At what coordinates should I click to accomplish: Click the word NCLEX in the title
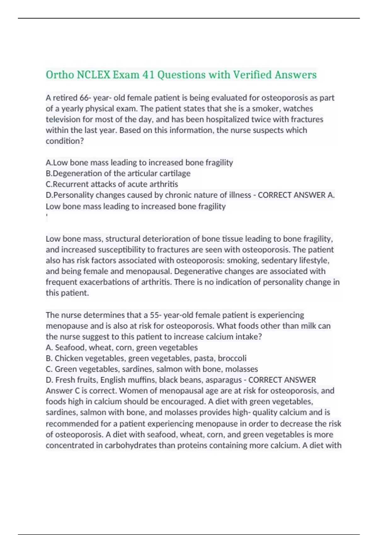[x=94, y=75]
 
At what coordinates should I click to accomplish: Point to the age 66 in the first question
[x=84, y=98]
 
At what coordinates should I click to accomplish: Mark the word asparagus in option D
[x=223, y=380]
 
